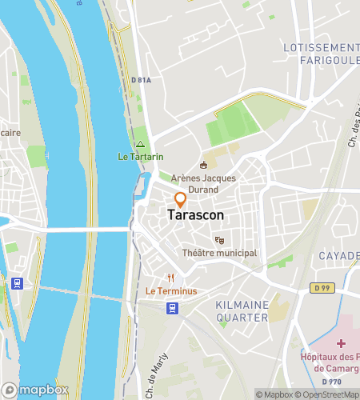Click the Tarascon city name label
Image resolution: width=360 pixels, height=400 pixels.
(x=196, y=215)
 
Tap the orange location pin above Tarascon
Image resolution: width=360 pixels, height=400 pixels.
(x=181, y=199)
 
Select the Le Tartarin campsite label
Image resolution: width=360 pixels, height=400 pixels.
(x=140, y=157)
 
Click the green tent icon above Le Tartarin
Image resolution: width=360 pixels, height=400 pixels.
(x=140, y=145)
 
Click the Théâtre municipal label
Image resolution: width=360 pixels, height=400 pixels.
(x=219, y=253)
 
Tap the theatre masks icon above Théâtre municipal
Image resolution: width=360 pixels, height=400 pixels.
(x=219, y=240)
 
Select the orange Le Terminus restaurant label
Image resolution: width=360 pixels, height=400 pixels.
(x=171, y=291)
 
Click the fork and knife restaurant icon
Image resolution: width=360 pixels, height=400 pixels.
(x=171, y=278)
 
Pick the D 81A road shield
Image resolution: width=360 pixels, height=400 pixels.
(x=142, y=78)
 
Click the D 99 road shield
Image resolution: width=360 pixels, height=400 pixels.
(x=321, y=287)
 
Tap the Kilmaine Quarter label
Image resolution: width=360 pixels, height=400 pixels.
(x=242, y=311)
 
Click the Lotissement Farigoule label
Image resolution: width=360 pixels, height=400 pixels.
(x=321, y=54)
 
